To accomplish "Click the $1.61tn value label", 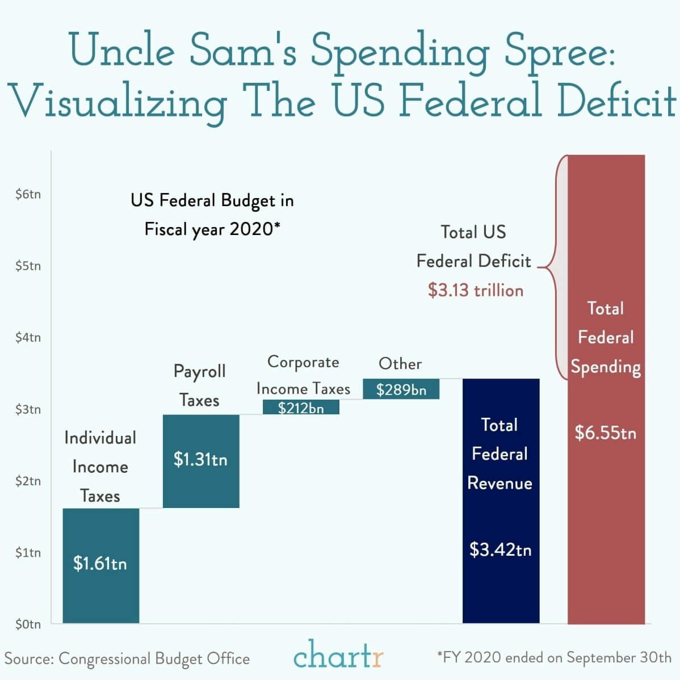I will (x=100, y=564).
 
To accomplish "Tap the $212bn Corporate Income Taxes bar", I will (x=301, y=407).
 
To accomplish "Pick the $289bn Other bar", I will (x=401, y=389).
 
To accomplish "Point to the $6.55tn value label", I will (x=606, y=433).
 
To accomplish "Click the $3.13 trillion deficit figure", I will (x=476, y=290).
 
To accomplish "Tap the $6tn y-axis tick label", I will (x=28, y=194).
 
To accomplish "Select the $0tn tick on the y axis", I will (x=28, y=624).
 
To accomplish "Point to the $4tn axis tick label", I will (x=28, y=337).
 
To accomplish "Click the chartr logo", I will (x=338, y=657).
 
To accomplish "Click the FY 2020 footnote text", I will (x=554, y=657).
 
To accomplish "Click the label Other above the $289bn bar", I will (x=400, y=363).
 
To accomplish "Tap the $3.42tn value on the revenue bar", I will (x=501, y=549).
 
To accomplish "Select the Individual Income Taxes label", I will (x=100, y=467).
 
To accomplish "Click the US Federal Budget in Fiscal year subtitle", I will (x=212, y=215).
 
